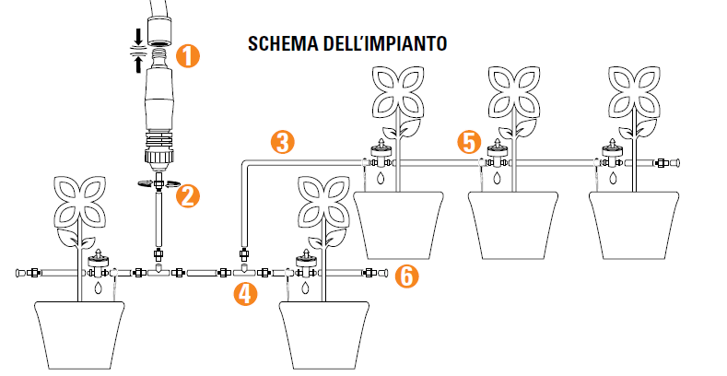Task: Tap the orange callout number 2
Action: point(188,195)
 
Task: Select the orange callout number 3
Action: point(283,142)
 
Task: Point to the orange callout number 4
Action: point(245,294)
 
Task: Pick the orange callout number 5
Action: point(470,142)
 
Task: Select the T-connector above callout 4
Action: point(245,272)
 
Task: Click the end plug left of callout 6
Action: point(375,272)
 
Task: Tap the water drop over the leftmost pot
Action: point(99,288)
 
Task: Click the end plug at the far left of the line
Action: point(21,272)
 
